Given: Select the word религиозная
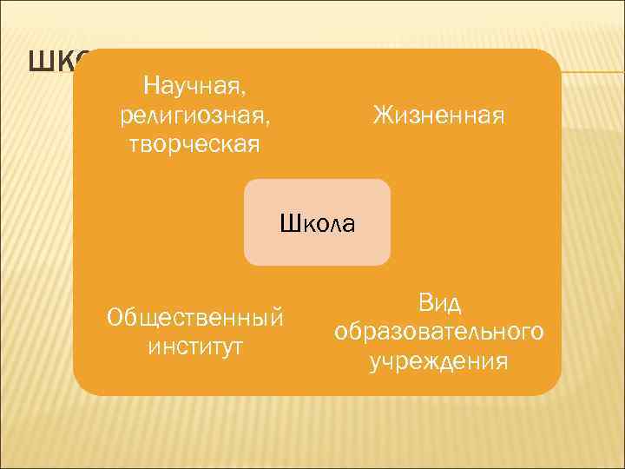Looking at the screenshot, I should [x=196, y=115].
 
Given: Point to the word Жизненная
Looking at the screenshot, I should [x=438, y=115].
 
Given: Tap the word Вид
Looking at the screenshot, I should [x=438, y=303].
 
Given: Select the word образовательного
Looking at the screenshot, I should [x=438, y=333].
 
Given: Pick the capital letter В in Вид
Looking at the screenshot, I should [x=424, y=303].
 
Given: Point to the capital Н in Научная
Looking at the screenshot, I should [x=149, y=86].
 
